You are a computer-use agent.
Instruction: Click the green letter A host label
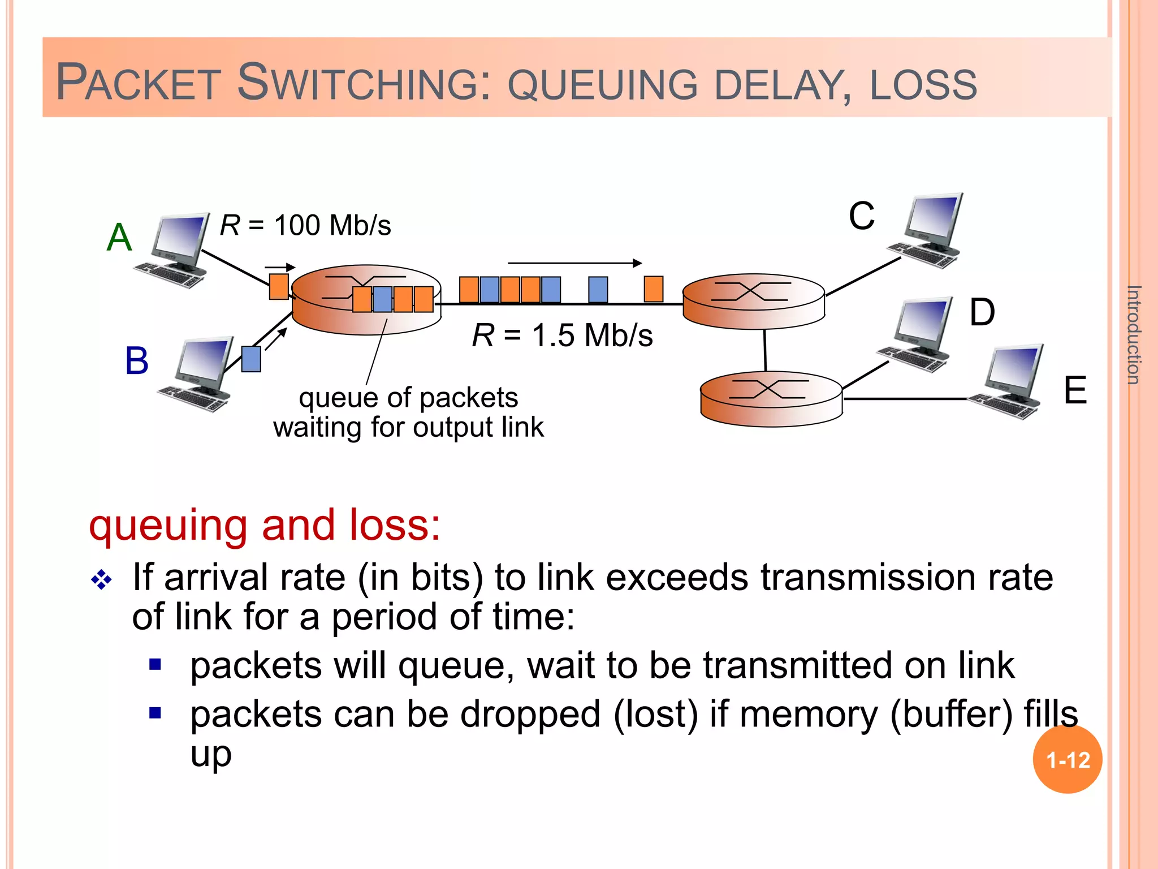pyautogui.click(x=119, y=237)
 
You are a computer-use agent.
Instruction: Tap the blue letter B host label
pyautogui.click(x=137, y=360)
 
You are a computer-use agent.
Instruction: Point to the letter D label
pyautogui.click(x=982, y=312)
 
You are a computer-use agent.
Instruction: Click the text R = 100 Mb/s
pyautogui.click(x=305, y=225)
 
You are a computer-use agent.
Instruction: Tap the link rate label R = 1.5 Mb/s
pyautogui.click(x=563, y=335)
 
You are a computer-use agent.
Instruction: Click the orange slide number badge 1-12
pyautogui.click(x=1067, y=760)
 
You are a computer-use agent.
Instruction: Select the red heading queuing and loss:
pyautogui.click(x=265, y=525)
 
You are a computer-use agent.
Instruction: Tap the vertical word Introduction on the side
pyautogui.click(x=1133, y=335)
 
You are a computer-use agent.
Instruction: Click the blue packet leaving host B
pyautogui.click(x=251, y=359)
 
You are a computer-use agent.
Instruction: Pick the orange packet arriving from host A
pyautogui.click(x=278, y=286)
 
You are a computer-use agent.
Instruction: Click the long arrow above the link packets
pyautogui.click(x=574, y=263)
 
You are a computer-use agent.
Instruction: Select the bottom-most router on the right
pyautogui.click(x=771, y=398)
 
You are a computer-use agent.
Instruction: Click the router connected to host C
pyautogui.click(x=753, y=301)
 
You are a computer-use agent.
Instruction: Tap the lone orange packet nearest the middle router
pyautogui.click(x=654, y=289)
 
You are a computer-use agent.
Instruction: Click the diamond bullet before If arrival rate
pyautogui.click(x=102, y=580)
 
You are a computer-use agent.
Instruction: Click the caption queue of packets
pyautogui.click(x=408, y=397)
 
